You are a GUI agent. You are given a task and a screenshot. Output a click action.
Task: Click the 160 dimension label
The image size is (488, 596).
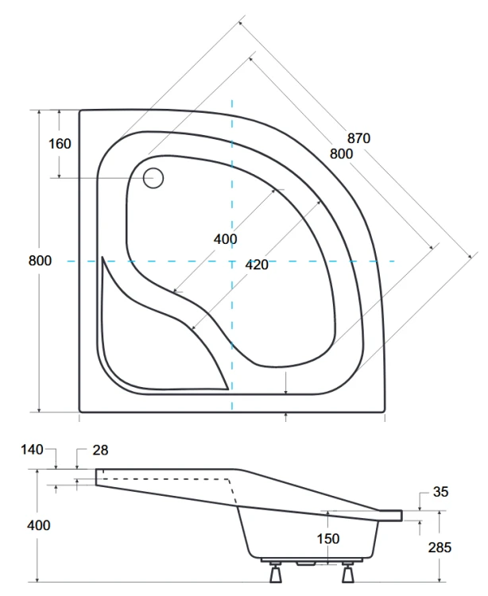point(60,144)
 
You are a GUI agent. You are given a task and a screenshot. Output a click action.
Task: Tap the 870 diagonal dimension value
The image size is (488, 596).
point(358,137)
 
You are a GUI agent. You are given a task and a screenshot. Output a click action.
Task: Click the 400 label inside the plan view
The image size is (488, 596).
point(225,239)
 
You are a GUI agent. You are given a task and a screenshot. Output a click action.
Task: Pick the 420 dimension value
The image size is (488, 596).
point(256,265)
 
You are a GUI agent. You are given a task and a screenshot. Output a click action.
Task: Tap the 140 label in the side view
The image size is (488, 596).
point(32,450)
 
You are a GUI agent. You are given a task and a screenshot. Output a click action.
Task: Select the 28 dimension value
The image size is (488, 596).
point(99,451)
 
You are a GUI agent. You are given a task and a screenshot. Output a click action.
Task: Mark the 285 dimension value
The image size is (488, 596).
point(439,547)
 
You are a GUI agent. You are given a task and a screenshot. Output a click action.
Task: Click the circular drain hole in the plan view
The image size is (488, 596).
point(153,177)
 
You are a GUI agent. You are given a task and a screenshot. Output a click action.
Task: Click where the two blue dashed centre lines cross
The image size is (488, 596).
point(232,261)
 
